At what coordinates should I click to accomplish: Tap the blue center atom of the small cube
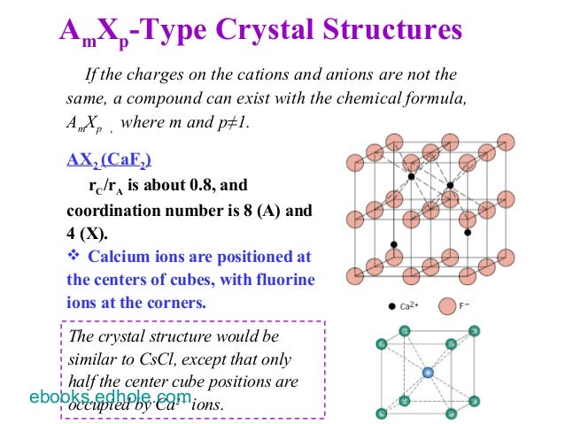[430, 374]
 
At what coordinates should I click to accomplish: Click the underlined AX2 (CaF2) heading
[109, 160]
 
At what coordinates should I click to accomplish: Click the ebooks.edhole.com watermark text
[110, 397]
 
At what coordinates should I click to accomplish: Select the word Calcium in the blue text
[119, 257]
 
